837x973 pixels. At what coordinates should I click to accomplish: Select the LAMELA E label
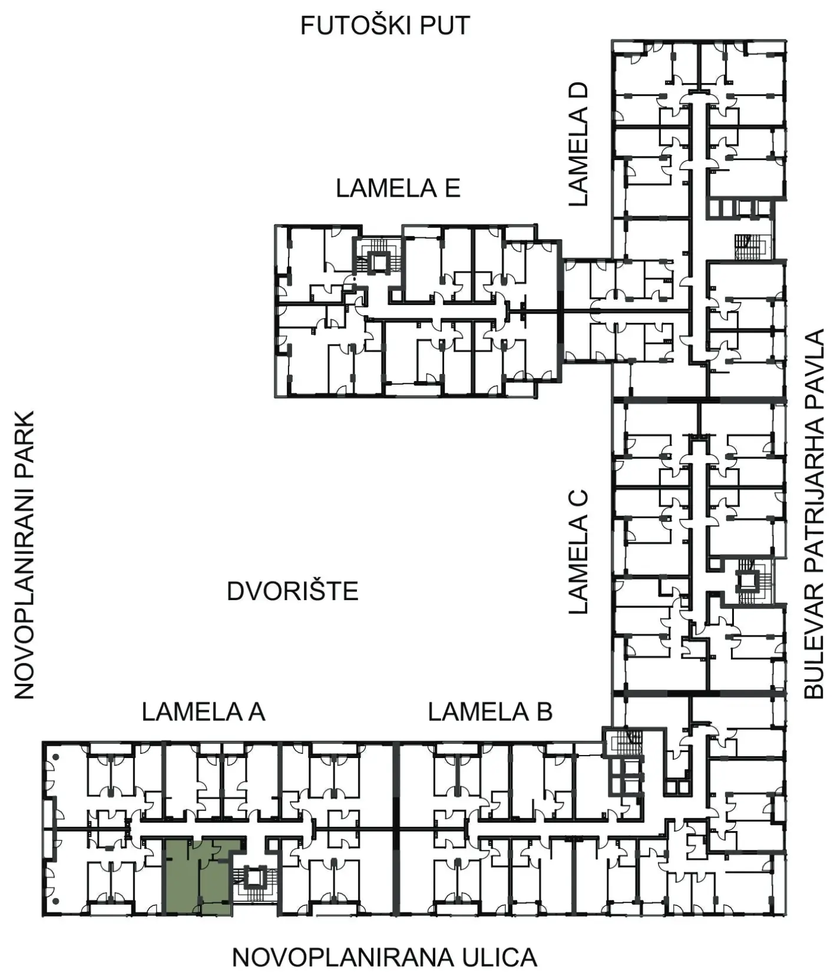pos(398,188)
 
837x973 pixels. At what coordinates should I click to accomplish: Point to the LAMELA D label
pos(578,144)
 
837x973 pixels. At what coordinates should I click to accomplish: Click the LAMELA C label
pos(578,551)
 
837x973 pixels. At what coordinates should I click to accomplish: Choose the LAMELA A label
pos(203,712)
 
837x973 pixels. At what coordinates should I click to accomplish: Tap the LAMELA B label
pos(490,712)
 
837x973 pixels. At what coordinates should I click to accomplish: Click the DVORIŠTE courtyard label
pos(293,591)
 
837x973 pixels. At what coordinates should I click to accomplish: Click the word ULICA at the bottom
pos(495,957)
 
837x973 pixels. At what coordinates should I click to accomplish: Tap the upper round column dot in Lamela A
pos(55,756)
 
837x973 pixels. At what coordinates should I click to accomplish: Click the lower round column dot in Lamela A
pos(55,902)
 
